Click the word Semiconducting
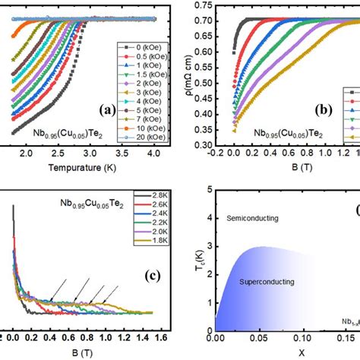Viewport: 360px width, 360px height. (x=252, y=218)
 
